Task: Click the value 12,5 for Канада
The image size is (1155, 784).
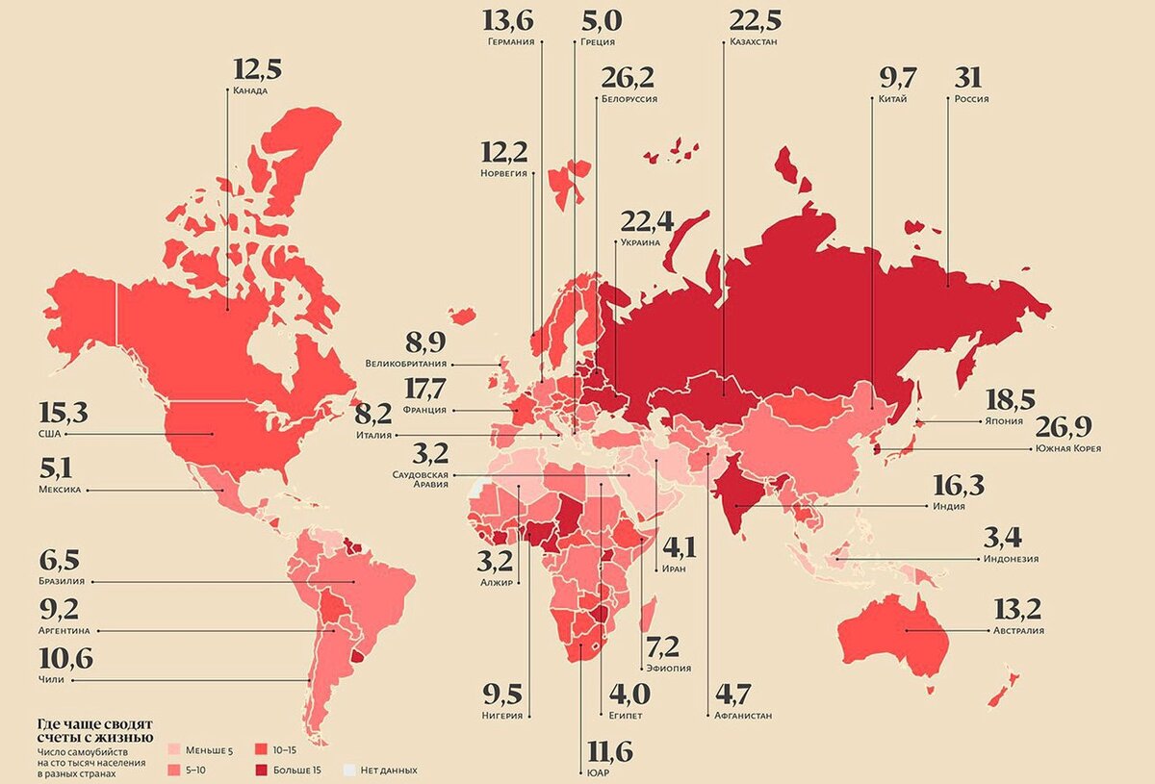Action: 258,70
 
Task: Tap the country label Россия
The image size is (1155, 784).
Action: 971,99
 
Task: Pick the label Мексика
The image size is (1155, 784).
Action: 60,490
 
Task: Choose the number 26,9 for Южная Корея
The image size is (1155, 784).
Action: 1065,427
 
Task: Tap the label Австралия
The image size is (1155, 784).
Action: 1017,631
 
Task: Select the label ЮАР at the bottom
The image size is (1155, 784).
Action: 596,772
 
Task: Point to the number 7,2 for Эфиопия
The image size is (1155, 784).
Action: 665,645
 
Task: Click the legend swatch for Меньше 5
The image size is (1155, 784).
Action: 174,748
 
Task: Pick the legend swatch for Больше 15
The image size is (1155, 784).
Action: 260,770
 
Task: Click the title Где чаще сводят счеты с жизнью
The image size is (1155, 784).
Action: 94,730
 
